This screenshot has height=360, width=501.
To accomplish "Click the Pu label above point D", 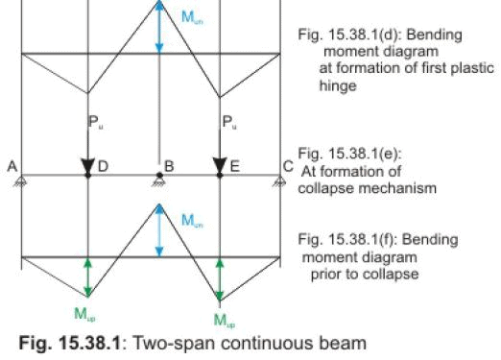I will click(95, 122).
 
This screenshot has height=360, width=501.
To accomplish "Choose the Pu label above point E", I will click(227, 122).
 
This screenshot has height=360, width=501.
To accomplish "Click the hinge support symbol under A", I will click(21, 180).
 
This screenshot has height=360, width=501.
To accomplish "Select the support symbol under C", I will click(280, 180).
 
